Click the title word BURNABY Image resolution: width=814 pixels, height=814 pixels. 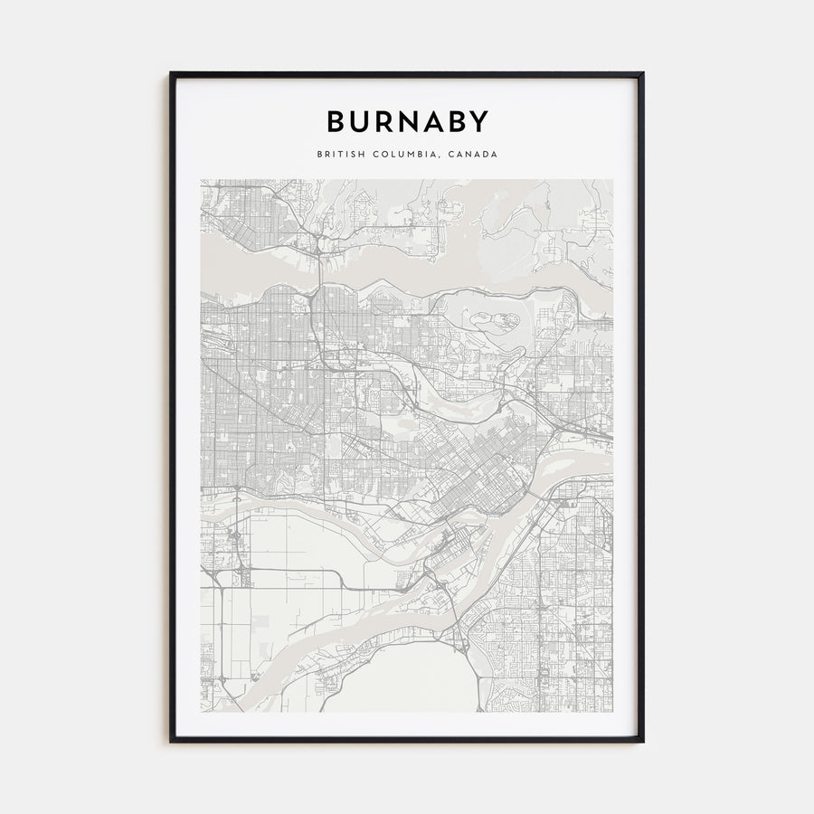(407, 121)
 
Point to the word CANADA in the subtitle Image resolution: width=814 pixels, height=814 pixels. (473, 155)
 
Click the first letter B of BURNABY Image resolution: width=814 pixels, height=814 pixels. (335, 121)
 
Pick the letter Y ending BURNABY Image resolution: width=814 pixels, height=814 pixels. (479, 121)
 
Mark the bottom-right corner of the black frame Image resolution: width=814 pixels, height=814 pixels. (643, 742)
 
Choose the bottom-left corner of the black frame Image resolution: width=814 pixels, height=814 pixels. (171, 742)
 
